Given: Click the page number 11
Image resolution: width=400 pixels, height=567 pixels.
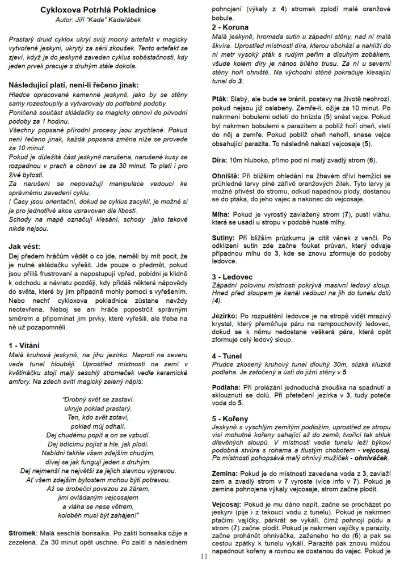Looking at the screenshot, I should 204,557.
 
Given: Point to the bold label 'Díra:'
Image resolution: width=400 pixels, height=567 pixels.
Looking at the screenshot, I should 220,160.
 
